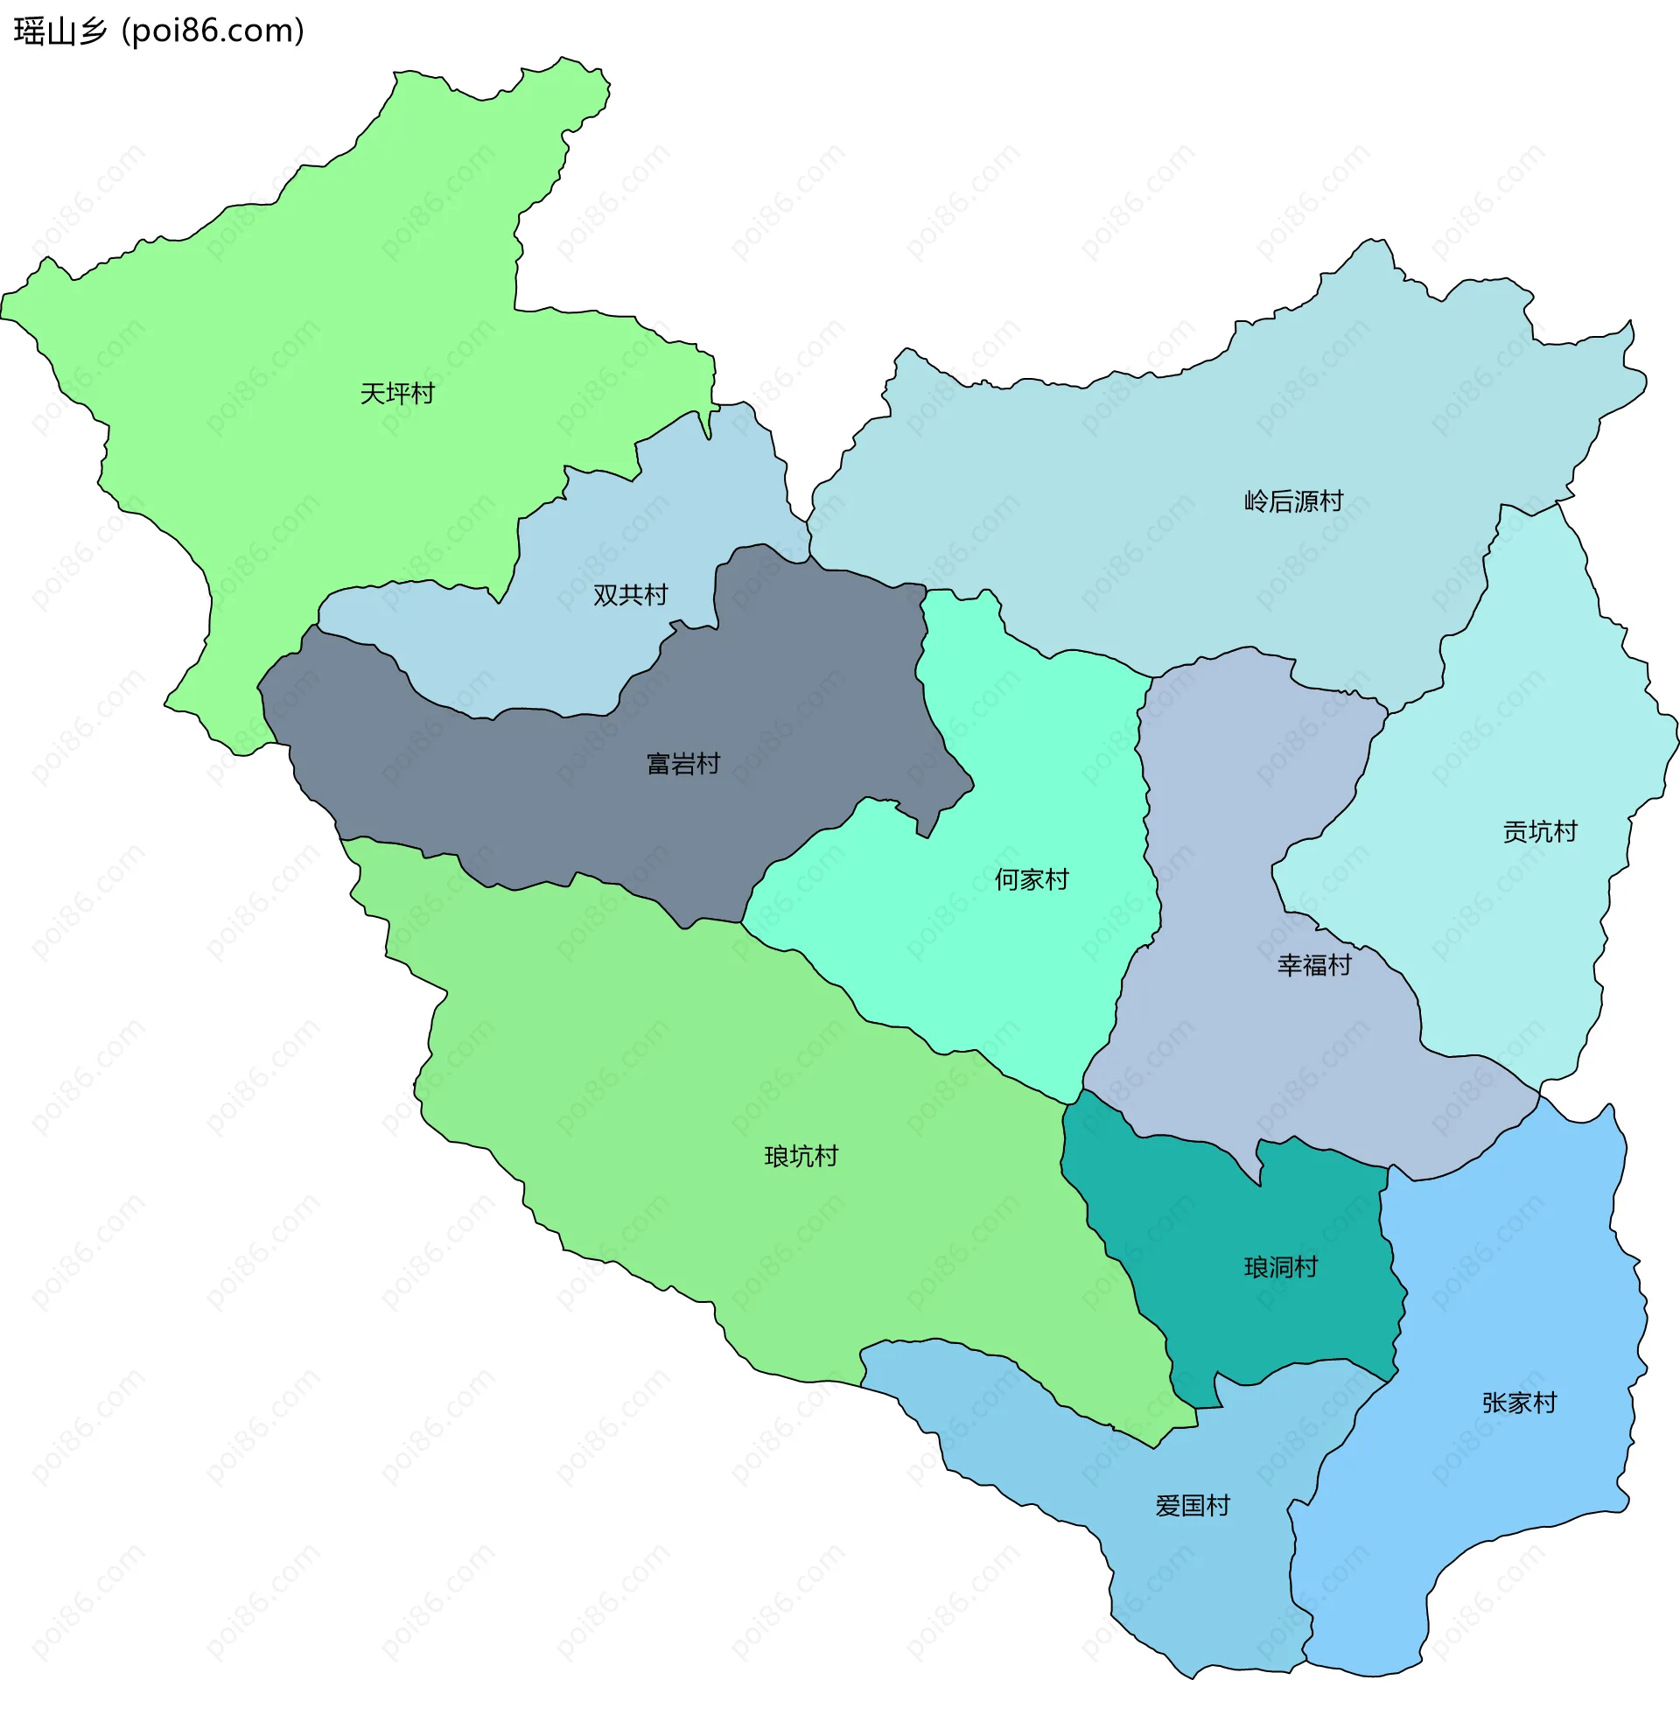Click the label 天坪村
(x=396, y=393)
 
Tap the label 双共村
(x=630, y=595)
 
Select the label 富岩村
(x=682, y=764)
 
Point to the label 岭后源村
(x=1293, y=501)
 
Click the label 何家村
(x=1031, y=879)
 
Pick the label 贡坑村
(x=1539, y=831)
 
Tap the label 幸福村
(x=1313, y=964)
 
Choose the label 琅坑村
(x=801, y=1156)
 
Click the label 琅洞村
(x=1280, y=1268)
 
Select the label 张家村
(x=1519, y=1403)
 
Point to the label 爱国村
(x=1192, y=1506)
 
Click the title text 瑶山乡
(x=60, y=31)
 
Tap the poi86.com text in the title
(x=213, y=31)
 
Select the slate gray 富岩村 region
(x=531, y=797)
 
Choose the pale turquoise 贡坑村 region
(x=1506, y=930)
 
